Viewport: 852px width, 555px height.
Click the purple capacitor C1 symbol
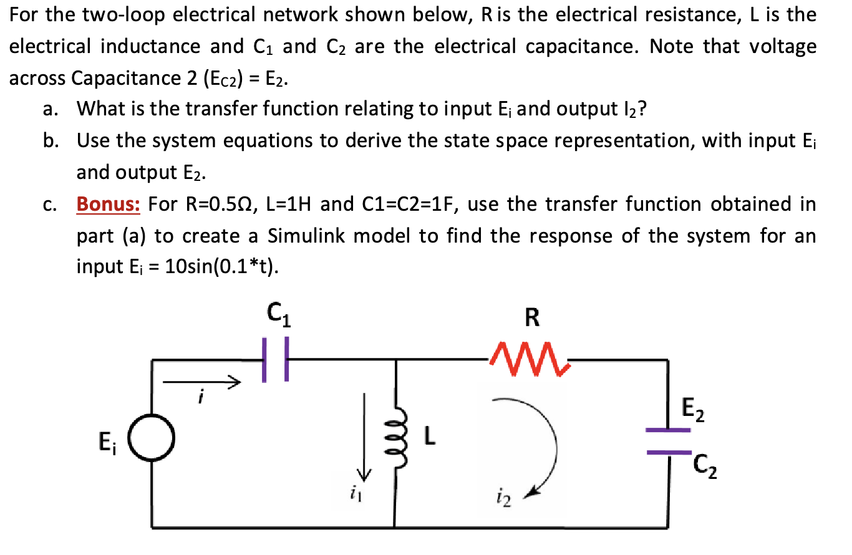click(x=274, y=360)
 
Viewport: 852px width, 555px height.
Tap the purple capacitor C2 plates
click(x=668, y=441)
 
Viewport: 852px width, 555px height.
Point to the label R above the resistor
click(x=532, y=318)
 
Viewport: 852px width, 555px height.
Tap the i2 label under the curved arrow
click(x=504, y=498)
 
